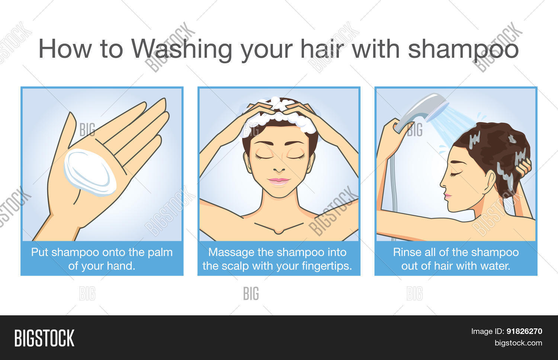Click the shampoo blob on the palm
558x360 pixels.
(x=90, y=172)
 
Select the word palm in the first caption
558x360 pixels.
(x=160, y=252)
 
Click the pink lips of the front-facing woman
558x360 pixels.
(x=279, y=181)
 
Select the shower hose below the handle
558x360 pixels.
(x=394, y=186)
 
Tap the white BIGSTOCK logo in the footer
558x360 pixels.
(x=44, y=338)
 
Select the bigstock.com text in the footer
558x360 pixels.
(x=518, y=343)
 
